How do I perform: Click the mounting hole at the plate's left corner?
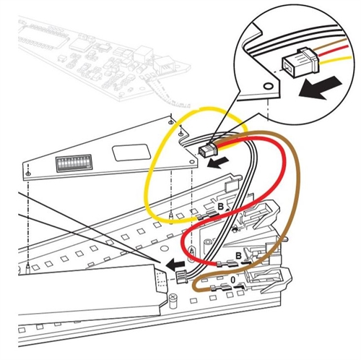pos(27,173)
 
